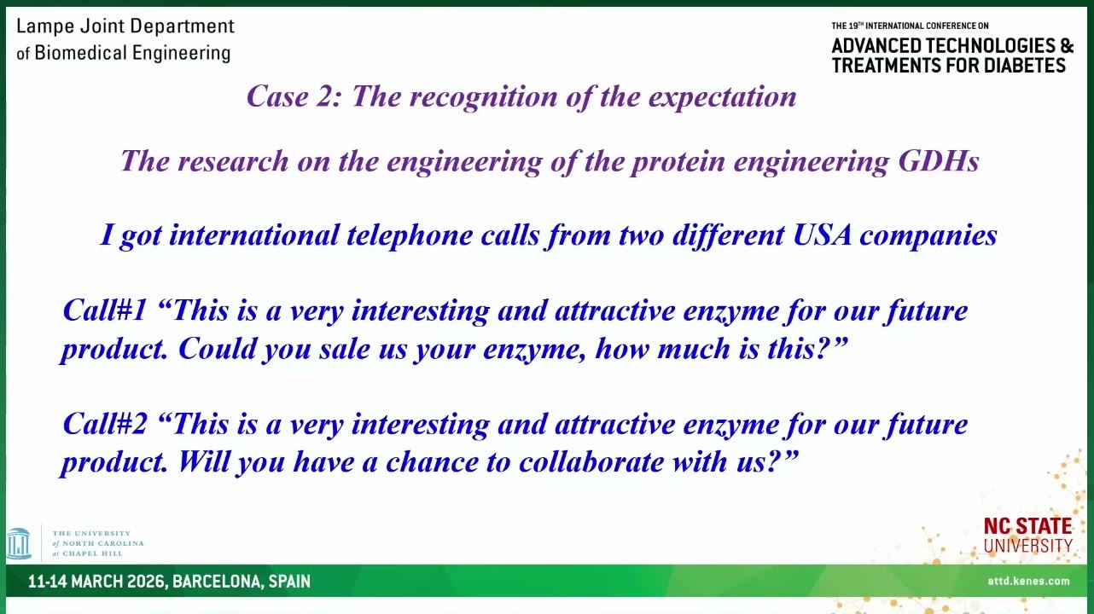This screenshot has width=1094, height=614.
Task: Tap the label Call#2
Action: click(x=105, y=423)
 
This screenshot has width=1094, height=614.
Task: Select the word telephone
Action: click(x=410, y=235)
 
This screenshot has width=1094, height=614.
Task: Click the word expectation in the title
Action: click(x=722, y=96)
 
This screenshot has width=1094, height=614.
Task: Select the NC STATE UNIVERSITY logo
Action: click(x=1027, y=535)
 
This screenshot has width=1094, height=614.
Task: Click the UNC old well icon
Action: click(x=19, y=543)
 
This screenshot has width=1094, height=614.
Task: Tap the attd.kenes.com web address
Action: click(x=1028, y=581)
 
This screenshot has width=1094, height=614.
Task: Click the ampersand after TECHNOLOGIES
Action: click(x=1067, y=45)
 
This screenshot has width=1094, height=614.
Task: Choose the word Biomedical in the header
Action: click(x=81, y=52)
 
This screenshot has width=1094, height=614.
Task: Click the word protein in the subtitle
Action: click(x=678, y=162)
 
